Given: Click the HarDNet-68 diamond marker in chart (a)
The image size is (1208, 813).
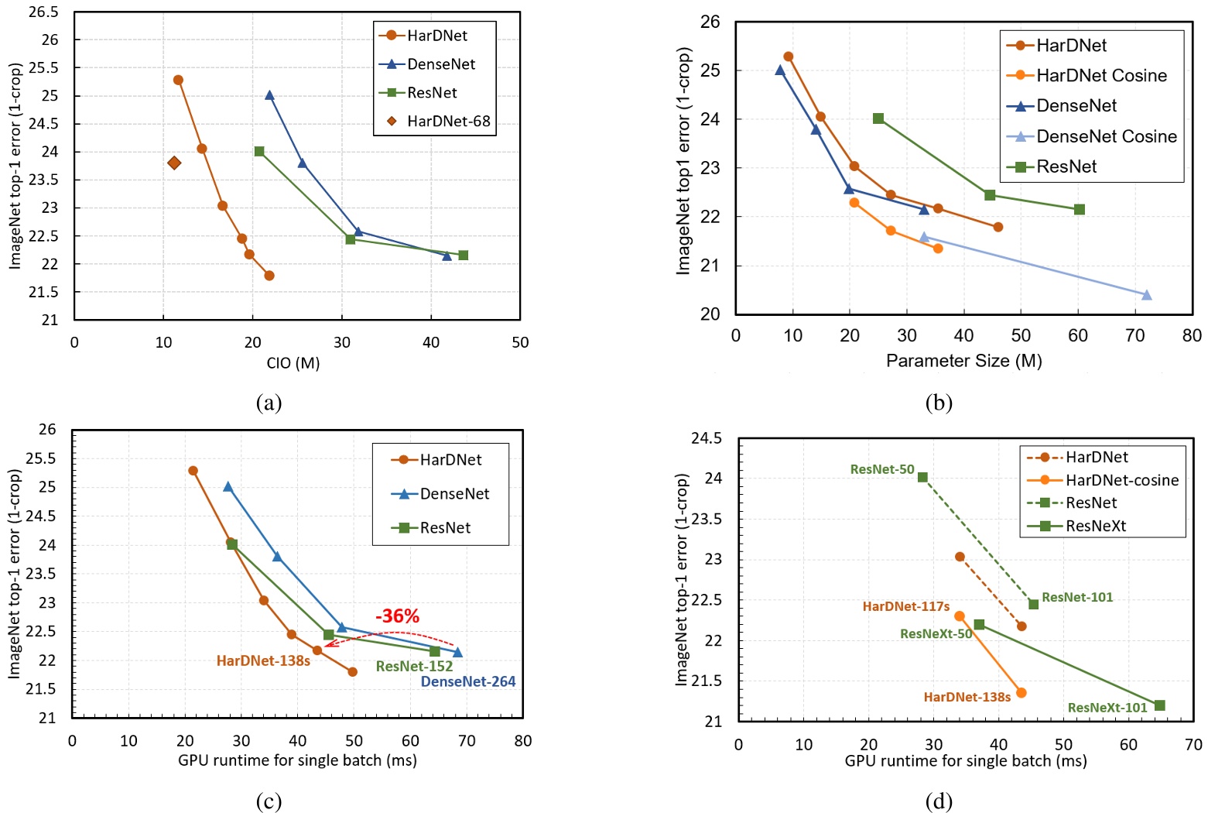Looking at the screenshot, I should point(174,163).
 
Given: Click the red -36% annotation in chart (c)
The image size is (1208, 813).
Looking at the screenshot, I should point(397,616).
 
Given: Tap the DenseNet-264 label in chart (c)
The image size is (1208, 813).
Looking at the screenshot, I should point(467,682).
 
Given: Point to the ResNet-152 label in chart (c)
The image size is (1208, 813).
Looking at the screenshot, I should point(414,667).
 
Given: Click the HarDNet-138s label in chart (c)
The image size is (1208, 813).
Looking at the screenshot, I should point(263,661).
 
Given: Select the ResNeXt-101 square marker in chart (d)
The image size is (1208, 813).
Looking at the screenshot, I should point(1159,705).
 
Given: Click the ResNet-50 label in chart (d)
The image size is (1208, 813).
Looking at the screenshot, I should point(881,470).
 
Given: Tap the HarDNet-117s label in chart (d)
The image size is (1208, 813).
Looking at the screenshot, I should point(905,607).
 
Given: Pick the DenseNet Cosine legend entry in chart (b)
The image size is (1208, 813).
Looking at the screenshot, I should point(1106,136).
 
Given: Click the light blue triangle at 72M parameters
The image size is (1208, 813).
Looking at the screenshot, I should point(1147,295).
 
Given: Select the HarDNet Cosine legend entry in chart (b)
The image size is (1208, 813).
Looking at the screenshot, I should point(1101,76).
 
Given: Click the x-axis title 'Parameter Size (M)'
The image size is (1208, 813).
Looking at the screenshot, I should point(963,361).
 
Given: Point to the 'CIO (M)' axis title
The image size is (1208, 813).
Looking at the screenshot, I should point(293,363).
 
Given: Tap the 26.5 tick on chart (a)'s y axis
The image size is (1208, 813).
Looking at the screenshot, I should point(43,12).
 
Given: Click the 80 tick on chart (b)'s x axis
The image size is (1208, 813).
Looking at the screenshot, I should point(1192,336).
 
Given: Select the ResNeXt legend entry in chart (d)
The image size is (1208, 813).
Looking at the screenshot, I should point(1095,527).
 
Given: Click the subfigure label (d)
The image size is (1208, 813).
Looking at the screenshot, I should point(939,801).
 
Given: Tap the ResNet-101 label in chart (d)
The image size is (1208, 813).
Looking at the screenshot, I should point(1076,598).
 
